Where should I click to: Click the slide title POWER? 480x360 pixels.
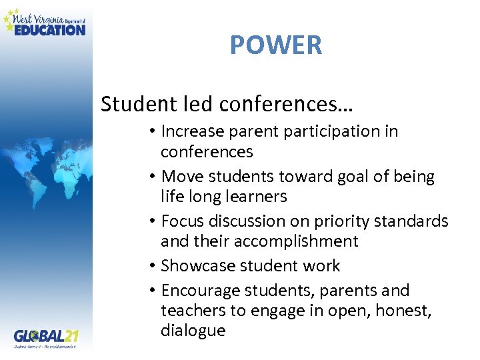click(276, 45)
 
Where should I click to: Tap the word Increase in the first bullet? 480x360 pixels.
click(189, 131)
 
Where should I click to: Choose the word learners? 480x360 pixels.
click(256, 197)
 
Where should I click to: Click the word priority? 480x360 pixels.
click(324, 221)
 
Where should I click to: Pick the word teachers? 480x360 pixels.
click(189, 311)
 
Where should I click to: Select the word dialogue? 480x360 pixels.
click(193, 331)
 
